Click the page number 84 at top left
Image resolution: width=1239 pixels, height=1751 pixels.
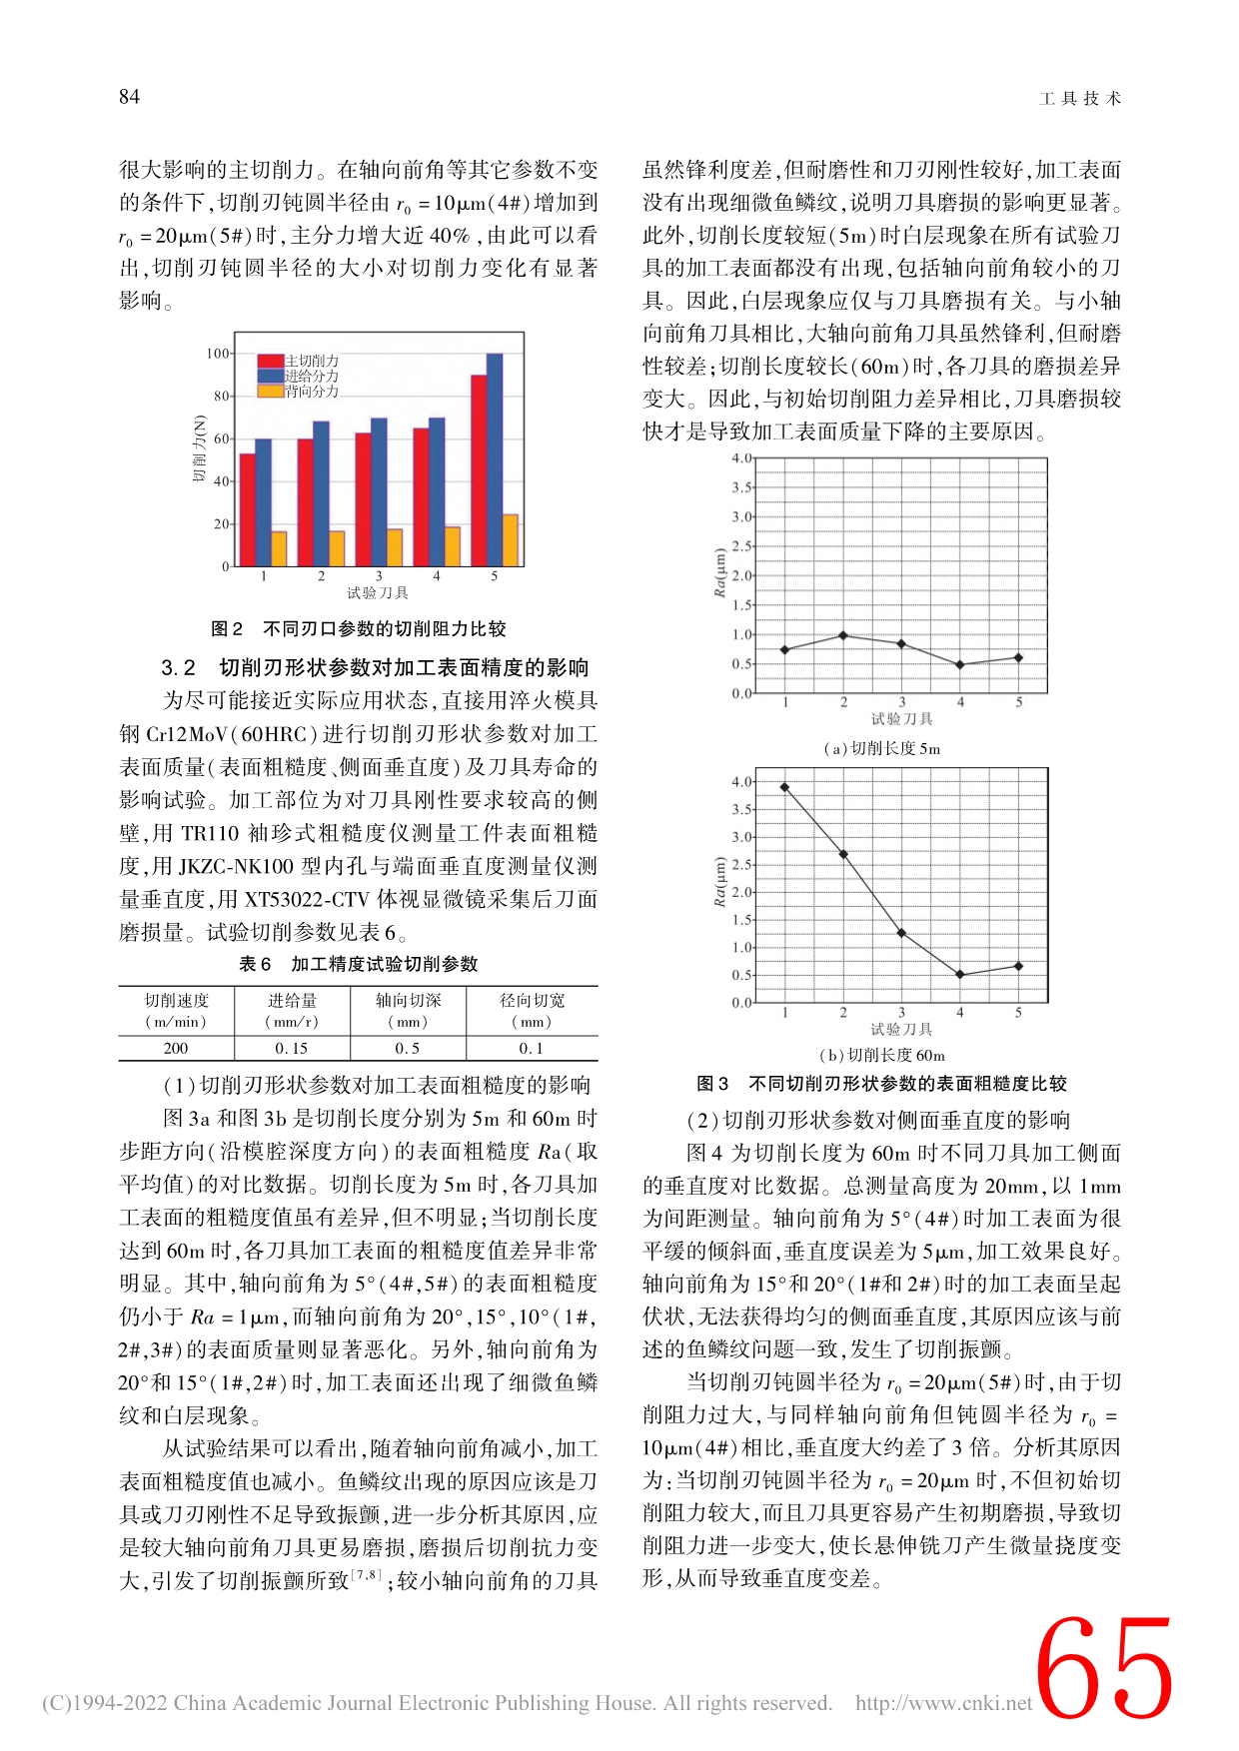point(129,97)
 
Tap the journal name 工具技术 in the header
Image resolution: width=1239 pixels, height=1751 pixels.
point(1080,98)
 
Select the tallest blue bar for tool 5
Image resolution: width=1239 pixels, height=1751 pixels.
point(495,459)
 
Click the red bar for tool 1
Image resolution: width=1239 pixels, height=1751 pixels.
point(247,509)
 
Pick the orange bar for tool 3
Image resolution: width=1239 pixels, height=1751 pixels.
point(395,547)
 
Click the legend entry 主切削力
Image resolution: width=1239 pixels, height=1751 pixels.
point(311,361)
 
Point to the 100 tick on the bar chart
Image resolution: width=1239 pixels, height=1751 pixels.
point(218,354)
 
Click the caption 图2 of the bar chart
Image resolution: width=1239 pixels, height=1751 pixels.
point(227,628)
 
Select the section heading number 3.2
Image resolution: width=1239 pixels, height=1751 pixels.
point(178,667)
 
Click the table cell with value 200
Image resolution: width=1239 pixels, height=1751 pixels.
point(176,1048)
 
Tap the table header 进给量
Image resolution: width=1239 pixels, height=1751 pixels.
point(292,1000)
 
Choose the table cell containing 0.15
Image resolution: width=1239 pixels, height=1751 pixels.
point(292,1048)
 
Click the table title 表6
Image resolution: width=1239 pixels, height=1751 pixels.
point(255,964)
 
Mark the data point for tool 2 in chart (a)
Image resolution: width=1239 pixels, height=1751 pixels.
point(843,635)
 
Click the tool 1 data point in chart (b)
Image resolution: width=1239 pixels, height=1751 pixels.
point(784,787)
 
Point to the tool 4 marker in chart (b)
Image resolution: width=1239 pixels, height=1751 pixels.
point(960,975)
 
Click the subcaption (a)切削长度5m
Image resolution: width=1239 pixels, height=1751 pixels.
point(882,748)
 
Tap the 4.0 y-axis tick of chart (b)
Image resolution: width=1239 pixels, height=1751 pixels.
point(741,782)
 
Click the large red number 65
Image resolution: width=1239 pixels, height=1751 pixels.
point(1103,1671)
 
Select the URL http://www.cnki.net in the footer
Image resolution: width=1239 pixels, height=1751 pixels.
point(943,1703)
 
